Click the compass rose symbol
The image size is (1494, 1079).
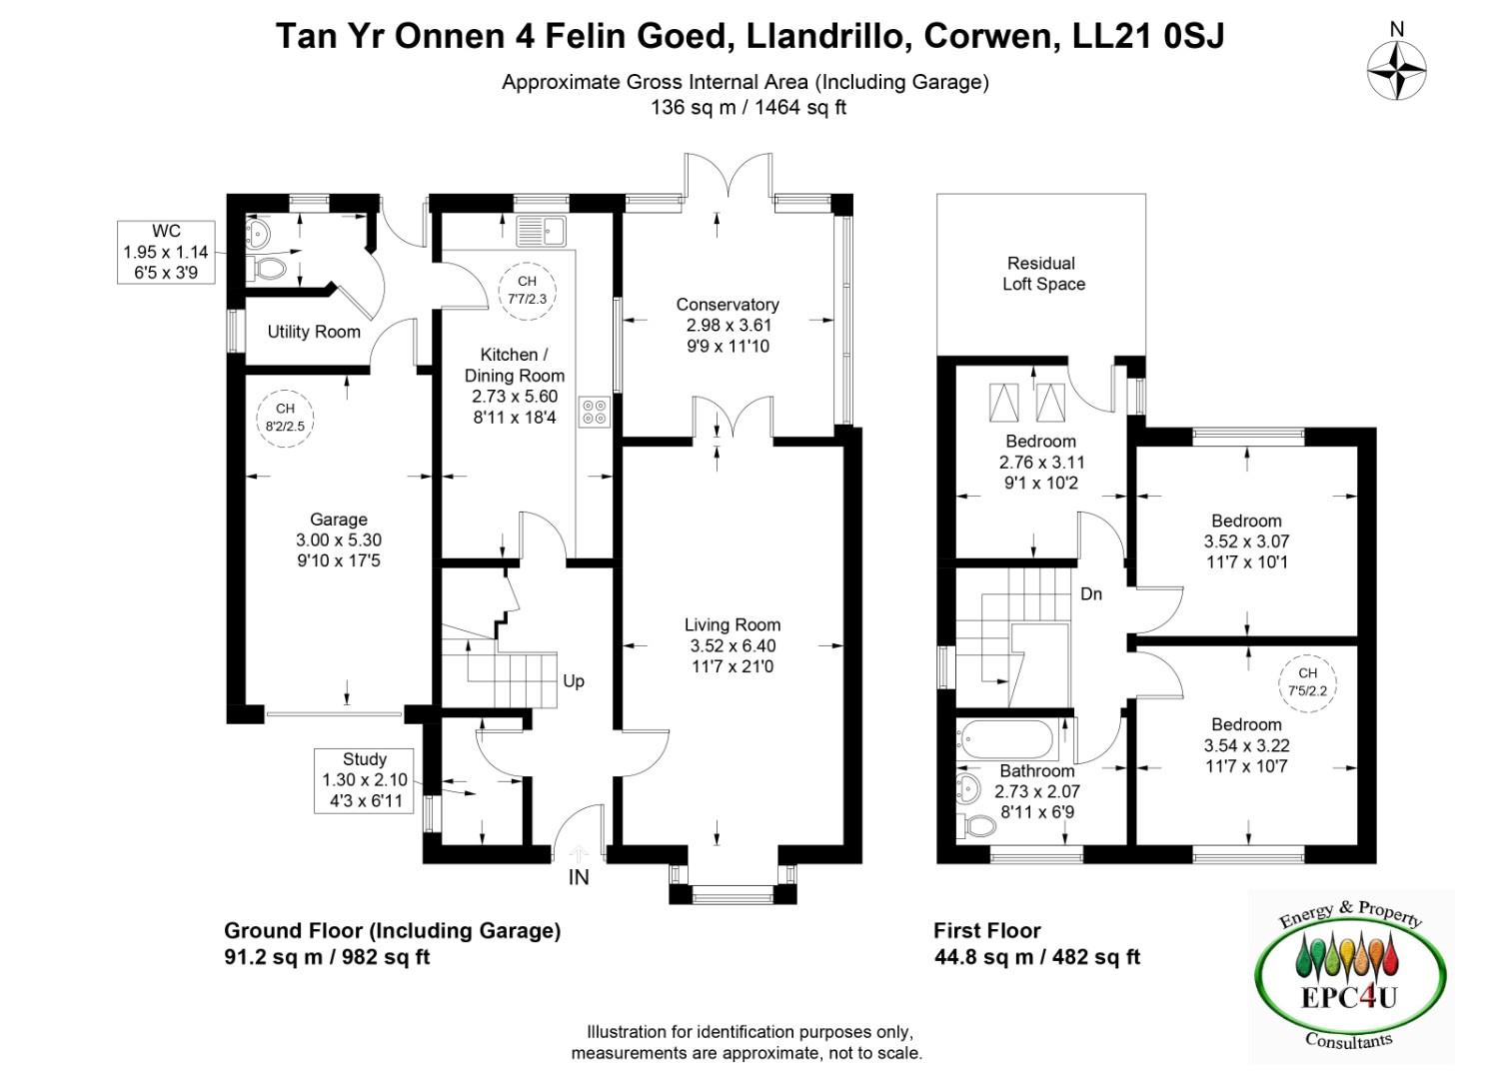(1396, 70)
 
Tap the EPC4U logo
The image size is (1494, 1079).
(1351, 977)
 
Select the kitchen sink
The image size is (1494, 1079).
(541, 231)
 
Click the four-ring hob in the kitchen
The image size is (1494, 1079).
(595, 413)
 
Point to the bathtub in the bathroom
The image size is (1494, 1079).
(1004, 739)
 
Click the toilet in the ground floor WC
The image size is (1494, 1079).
(267, 269)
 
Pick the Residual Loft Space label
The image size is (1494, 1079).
(1043, 274)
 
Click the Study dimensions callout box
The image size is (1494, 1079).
(364, 781)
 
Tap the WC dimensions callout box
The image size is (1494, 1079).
(166, 252)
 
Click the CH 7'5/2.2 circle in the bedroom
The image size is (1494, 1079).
(1308, 683)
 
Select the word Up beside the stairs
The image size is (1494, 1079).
(574, 681)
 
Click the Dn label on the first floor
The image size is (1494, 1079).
(1091, 593)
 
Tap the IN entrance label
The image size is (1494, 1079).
(579, 877)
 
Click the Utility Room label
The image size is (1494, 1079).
(314, 332)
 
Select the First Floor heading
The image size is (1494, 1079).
(987, 930)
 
